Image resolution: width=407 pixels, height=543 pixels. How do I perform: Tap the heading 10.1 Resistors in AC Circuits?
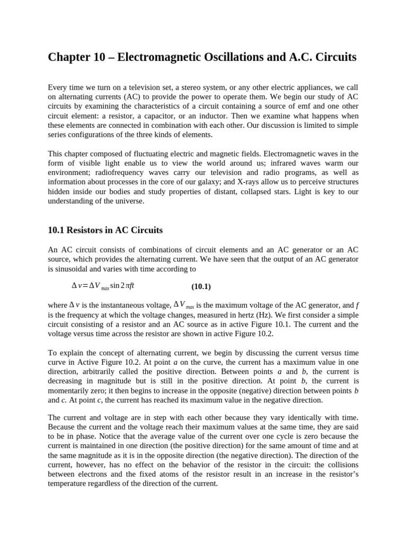click(105, 230)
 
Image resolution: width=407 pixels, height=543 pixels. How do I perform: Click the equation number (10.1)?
click(201, 286)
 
